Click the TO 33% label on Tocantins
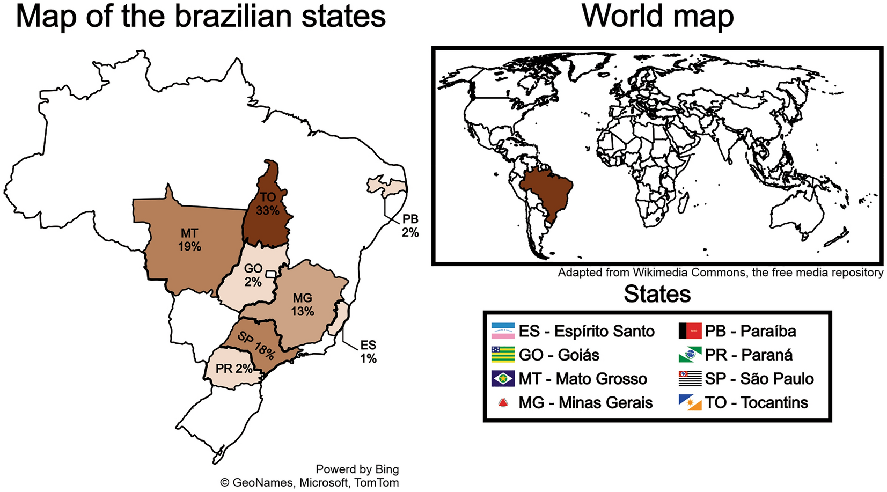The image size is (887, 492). tap(267, 204)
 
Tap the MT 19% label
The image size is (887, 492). tap(189, 240)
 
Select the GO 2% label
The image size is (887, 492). tap(253, 275)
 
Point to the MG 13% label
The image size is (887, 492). tap(303, 304)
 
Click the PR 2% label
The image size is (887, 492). tap(234, 369)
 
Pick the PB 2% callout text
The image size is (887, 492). tap(410, 226)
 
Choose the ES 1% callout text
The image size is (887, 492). tap(368, 351)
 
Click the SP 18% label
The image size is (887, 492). tap(256, 346)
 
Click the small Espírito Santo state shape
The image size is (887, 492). tap(340, 318)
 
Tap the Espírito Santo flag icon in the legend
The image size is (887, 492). tap(503, 331)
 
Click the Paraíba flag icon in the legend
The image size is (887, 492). tap(690, 331)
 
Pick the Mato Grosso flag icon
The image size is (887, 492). tap(503, 379)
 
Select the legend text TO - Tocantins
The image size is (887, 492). tap(756, 402)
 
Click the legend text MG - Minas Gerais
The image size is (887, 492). tap(585, 402)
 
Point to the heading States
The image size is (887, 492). tap(657, 294)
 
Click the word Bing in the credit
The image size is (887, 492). tap(387, 469)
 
